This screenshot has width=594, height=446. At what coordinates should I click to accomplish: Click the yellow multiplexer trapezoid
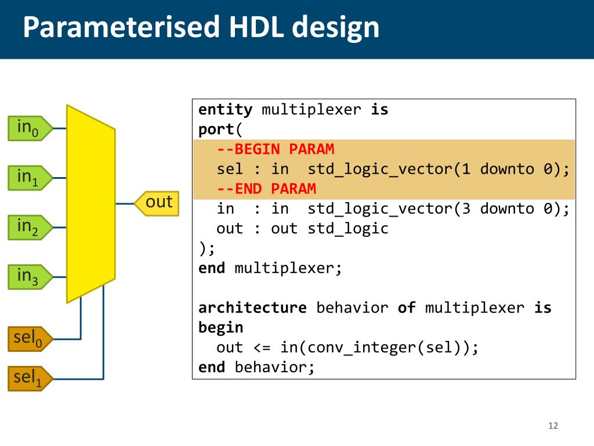tap(90, 203)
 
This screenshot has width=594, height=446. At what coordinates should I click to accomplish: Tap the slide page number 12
tap(552, 426)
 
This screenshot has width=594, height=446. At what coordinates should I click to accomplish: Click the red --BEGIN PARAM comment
tap(276, 149)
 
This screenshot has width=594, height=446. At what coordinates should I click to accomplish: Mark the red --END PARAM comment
tap(266, 189)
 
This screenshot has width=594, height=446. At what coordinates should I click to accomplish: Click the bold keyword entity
tap(225, 110)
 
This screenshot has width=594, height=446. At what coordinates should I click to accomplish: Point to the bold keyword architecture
tap(252, 308)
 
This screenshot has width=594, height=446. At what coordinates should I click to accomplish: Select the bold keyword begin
tap(220, 328)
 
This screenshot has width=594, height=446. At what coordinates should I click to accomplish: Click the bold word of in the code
tap(406, 308)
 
